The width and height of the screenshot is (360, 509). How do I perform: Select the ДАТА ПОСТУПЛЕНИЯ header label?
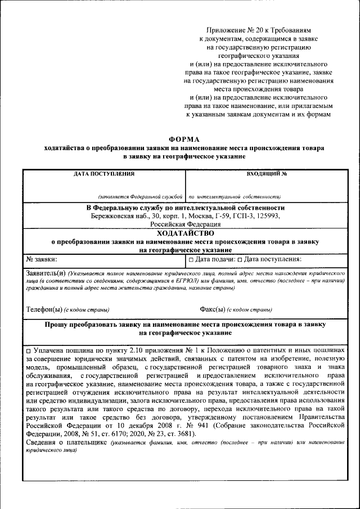[x=104, y=174]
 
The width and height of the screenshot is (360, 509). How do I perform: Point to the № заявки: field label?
[x=42, y=259]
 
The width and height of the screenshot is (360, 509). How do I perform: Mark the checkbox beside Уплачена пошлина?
[x=29, y=350]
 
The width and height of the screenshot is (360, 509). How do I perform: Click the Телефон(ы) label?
[x=44, y=309]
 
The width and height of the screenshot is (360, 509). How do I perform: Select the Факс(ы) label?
[x=213, y=309]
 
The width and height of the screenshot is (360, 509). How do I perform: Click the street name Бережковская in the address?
[x=111, y=215]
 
